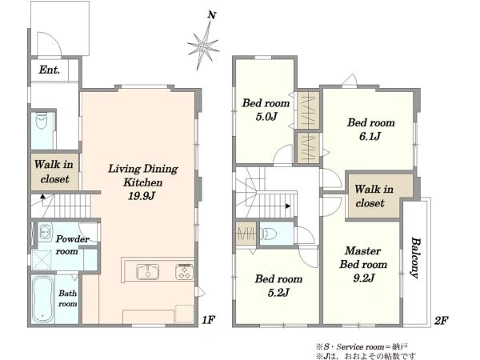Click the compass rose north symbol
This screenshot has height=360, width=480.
click(203, 46)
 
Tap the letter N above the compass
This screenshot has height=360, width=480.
click(212, 15)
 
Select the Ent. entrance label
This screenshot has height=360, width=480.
click(49, 70)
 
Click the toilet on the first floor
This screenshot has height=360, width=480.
click(42, 122)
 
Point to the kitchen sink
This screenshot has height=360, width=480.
click(147, 272)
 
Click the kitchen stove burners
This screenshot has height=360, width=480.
click(184, 272)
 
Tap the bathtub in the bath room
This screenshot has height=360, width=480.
click(42, 300)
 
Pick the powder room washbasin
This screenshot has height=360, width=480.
click(46, 232)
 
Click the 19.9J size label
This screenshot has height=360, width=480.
click(142, 196)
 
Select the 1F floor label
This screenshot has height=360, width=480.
click(208, 320)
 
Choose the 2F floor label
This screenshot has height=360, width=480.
click(441, 321)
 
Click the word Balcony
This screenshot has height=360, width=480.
click(414, 258)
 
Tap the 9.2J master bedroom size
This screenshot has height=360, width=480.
click(364, 278)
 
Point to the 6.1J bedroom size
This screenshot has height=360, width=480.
click(370, 136)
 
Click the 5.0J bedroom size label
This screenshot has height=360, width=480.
click(266, 117)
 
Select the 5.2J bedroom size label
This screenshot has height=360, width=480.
click(278, 293)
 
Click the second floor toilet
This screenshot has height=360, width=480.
click(270, 234)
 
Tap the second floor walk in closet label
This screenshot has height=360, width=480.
click(374, 196)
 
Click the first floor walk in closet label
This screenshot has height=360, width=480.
click(54, 172)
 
